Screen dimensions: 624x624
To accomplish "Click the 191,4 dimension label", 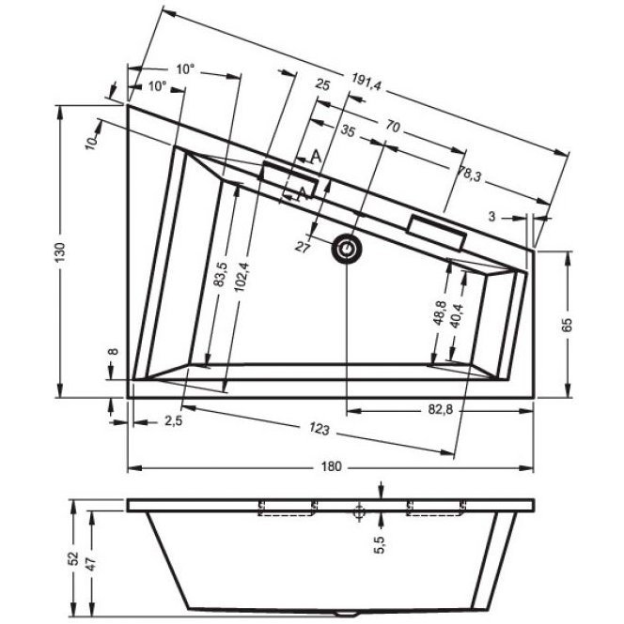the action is pos(367,83).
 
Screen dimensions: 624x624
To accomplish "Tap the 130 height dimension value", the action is pos(60,251).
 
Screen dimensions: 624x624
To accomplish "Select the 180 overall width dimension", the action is pos(331,466).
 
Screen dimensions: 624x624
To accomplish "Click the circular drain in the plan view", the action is pos(347,249).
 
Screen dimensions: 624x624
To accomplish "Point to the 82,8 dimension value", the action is pos(441,409).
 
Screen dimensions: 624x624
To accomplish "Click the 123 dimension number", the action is pos(320,429).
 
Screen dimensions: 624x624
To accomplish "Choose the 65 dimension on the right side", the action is pos(567,325).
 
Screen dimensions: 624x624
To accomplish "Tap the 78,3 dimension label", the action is pos(469,175).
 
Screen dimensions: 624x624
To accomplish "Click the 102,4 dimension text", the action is pos(242,277).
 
